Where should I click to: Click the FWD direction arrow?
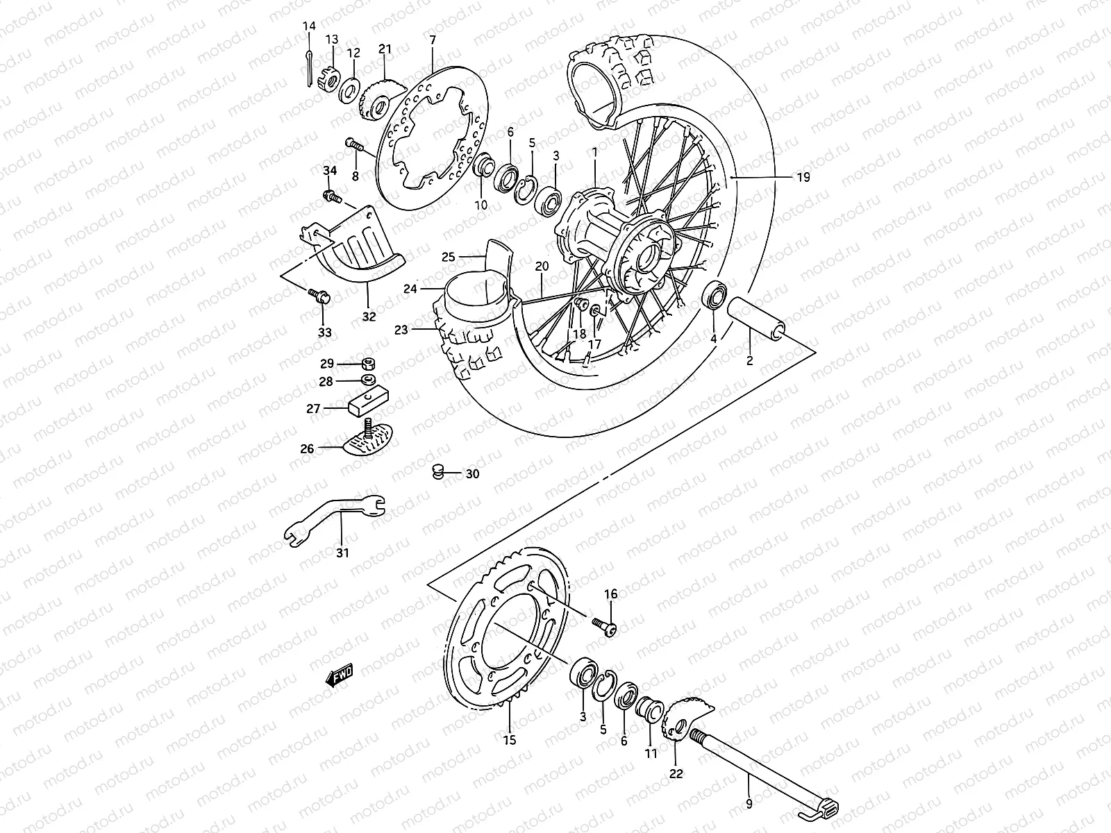point(340,675)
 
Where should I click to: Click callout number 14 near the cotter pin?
point(309,26)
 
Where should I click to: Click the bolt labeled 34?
point(331,196)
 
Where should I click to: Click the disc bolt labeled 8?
point(354,145)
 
